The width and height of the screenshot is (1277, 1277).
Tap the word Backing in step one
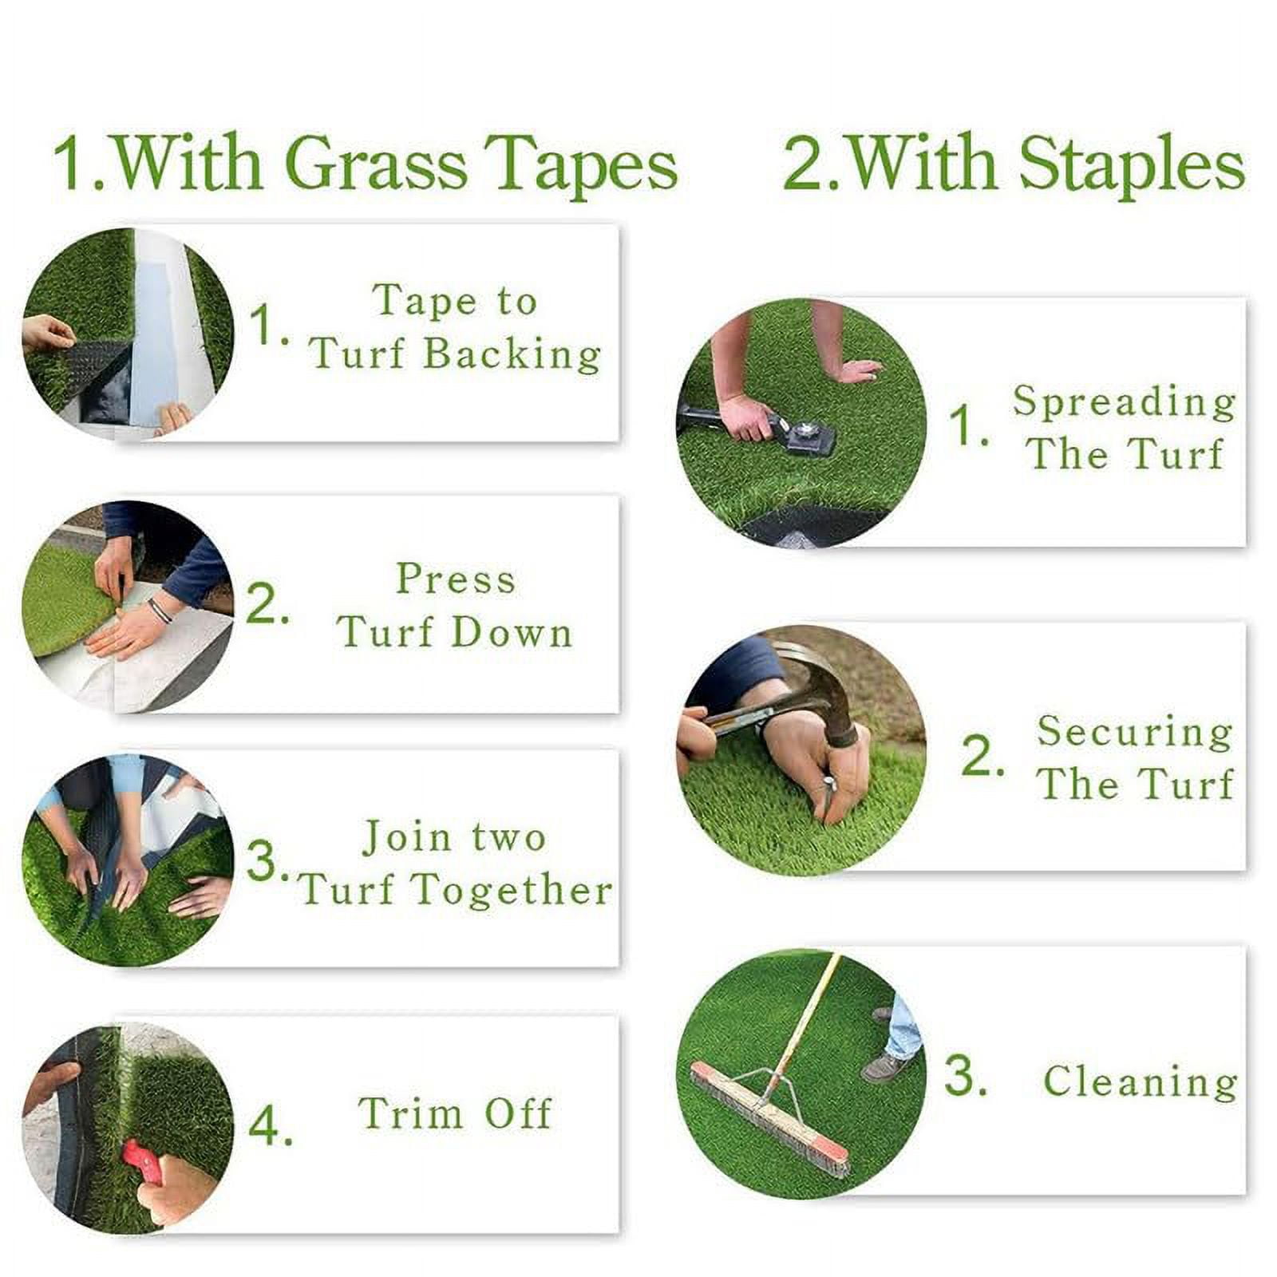(x=512, y=354)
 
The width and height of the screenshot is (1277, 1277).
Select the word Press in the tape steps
(x=456, y=579)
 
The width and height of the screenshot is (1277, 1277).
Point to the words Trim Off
(x=455, y=1113)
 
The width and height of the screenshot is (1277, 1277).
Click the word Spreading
(x=1124, y=401)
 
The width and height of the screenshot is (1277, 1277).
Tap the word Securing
(x=1134, y=732)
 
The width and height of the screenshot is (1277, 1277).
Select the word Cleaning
(x=1140, y=1082)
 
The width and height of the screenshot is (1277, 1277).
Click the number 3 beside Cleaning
(x=964, y=1076)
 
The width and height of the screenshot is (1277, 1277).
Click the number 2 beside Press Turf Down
(x=265, y=604)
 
